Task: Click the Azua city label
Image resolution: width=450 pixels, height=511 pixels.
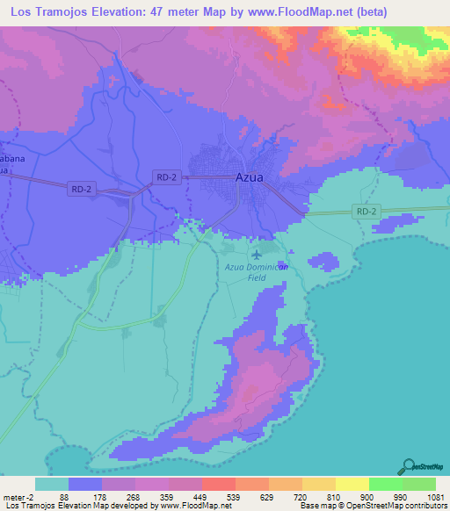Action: point(250,176)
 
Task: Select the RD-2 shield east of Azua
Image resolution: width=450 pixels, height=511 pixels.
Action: point(366,212)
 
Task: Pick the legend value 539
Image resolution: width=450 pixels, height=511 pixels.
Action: point(232,496)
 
